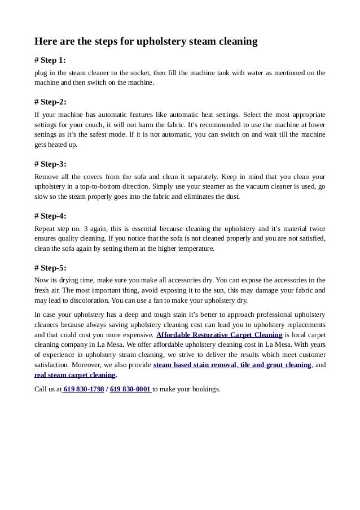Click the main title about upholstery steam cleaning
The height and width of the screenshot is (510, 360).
point(146,42)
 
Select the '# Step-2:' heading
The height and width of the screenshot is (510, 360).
point(50,102)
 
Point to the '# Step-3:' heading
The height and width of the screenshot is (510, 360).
point(50,164)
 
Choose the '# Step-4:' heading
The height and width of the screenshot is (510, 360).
point(50,216)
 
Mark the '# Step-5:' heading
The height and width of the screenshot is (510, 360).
point(50,268)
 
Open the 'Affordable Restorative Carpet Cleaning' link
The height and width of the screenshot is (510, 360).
point(219,335)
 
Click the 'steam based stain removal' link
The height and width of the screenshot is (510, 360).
point(195,365)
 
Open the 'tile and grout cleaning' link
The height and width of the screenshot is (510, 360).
point(275,365)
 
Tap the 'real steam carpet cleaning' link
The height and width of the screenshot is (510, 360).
point(74,375)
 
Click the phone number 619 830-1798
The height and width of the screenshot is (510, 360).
point(84,389)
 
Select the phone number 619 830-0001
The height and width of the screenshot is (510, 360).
point(130,389)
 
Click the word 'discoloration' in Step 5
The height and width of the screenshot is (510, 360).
point(85,300)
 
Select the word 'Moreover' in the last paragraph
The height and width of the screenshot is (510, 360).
point(94,365)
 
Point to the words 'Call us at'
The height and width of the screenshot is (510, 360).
point(48,389)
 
